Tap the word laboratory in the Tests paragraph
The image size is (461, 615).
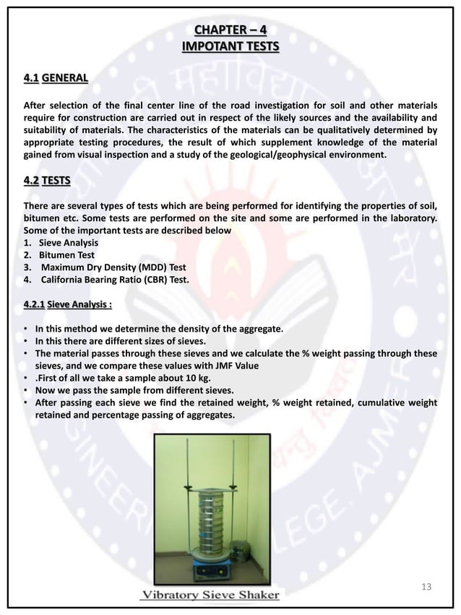pos(407,219)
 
